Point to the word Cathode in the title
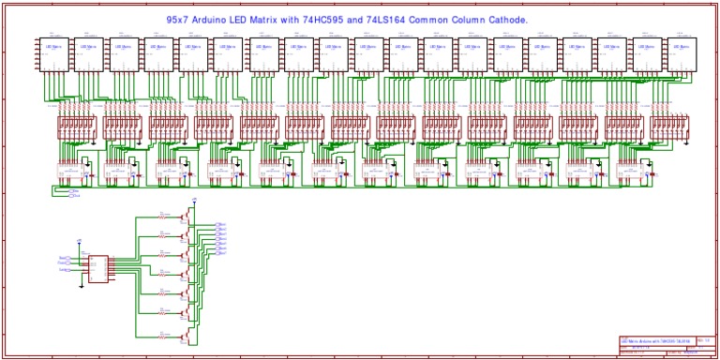pyautogui.click(x=558, y=19)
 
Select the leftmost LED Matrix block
pyautogui.click(x=53, y=54)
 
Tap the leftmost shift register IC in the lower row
pyautogui.click(x=73, y=173)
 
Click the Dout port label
pyautogui.click(x=74, y=196)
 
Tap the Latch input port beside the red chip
pyautogui.click(x=64, y=270)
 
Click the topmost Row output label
pyautogui.click(x=221, y=224)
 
